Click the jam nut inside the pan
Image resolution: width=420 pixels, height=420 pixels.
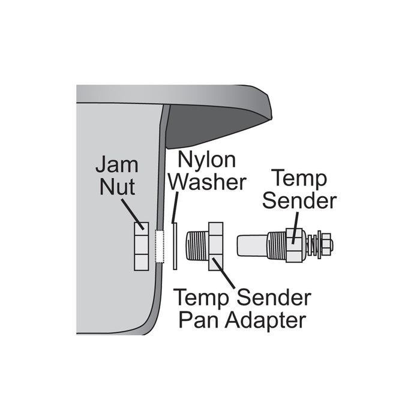coord(140,245)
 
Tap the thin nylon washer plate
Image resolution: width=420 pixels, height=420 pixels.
coord(173,245)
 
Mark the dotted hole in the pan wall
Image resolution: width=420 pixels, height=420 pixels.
coord(159,245)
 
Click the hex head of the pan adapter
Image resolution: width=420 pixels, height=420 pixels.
coord(215,246)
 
